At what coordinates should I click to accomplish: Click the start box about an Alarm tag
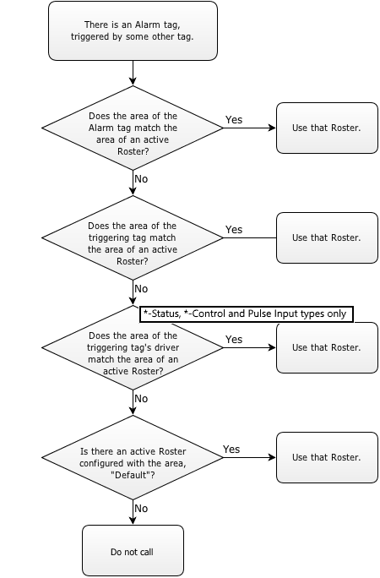133,30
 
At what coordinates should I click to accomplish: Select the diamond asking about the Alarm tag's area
133,128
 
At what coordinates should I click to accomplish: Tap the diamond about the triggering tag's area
133,237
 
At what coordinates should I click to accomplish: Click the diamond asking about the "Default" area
133,457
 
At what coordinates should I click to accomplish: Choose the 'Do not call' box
133,551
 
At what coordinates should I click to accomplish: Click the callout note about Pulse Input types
247,314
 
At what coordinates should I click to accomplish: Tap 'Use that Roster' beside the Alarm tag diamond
327,128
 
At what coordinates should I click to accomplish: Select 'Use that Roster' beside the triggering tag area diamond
327,237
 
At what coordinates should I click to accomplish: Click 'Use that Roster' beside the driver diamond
327,348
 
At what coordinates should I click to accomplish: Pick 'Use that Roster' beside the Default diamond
327,457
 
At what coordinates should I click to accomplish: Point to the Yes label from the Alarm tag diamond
234,119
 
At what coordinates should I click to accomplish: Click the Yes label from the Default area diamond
231,449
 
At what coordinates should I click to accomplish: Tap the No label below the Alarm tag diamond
141,179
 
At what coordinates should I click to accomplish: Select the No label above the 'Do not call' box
141,509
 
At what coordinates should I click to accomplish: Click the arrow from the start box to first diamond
133,73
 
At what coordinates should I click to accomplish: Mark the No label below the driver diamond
141,399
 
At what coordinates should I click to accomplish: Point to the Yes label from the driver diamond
234,339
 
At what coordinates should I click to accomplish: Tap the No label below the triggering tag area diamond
141,289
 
